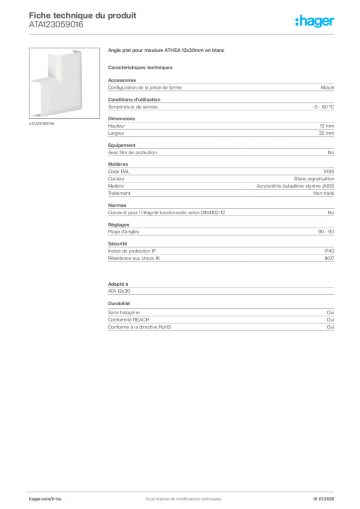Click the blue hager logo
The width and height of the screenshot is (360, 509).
[316, 21]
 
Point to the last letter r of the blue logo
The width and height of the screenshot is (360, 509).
[333, 23]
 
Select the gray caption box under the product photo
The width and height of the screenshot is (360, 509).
[41, 123]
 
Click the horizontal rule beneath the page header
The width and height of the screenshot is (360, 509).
[183, 34]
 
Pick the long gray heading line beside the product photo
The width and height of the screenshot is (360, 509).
[167, 51]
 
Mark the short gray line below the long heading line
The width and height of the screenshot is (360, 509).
[141, 67]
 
